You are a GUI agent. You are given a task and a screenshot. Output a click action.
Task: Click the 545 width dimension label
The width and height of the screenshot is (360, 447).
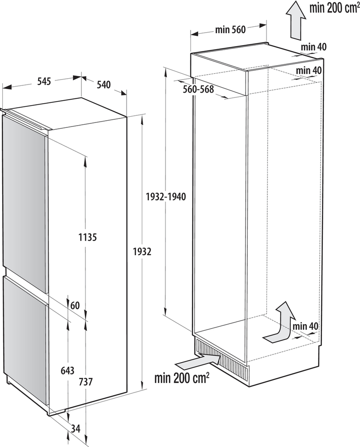point(43,81)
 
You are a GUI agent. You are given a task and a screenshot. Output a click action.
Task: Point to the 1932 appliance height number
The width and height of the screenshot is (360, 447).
point(142,252)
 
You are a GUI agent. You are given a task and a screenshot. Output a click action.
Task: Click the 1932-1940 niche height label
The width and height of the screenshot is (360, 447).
point(166,197)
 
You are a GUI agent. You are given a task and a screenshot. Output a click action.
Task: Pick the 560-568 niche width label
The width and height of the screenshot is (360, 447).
point(198,89)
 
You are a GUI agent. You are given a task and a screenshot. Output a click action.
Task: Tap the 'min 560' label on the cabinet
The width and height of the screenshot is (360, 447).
point(230,30)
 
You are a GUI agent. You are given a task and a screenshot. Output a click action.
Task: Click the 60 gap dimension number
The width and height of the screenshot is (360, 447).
point(75,306)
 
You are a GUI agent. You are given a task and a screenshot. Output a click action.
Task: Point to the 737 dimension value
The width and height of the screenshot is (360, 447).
point(85,382)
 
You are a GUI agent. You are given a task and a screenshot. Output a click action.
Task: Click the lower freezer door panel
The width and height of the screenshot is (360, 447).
point(25,340)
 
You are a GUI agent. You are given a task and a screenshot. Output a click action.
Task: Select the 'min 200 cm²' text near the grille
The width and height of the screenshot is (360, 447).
point(182,380)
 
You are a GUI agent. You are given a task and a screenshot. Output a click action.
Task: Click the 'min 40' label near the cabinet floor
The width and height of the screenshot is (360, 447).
point(305,326)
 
